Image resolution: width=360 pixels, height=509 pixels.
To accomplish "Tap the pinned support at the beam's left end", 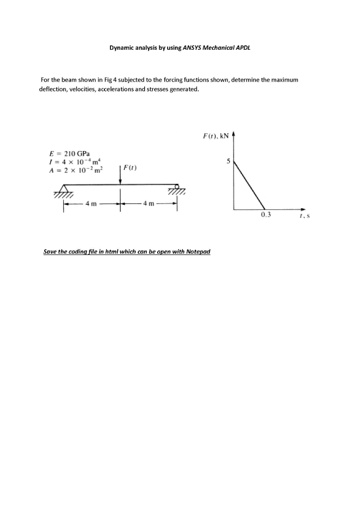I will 63,189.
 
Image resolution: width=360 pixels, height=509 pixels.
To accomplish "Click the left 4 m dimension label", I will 91,203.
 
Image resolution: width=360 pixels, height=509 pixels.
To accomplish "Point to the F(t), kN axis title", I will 214,135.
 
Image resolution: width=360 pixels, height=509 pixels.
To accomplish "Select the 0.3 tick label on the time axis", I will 266,215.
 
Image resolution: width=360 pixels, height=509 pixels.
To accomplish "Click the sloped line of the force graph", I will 249,184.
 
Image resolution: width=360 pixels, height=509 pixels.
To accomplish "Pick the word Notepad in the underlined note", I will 198,252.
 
